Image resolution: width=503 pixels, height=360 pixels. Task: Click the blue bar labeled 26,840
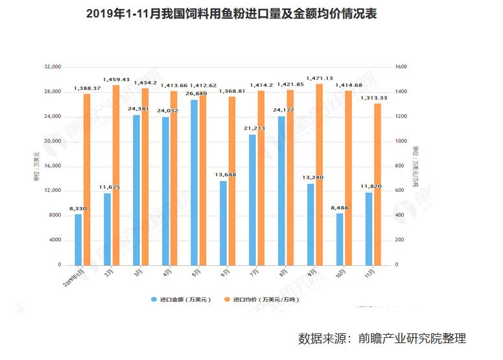[194, 182]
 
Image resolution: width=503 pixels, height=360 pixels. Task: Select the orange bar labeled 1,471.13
[318, 174]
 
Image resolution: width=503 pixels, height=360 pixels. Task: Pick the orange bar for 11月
[377, 184]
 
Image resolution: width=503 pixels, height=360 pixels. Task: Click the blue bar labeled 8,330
[78, 239]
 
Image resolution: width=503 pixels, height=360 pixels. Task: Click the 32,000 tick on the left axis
[52, 67]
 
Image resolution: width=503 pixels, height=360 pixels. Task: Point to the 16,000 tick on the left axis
[52, 166]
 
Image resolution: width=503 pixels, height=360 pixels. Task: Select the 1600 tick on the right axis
[401, 67]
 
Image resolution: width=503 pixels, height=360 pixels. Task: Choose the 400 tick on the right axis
[399, 215]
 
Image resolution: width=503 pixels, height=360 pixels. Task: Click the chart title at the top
[231, 14]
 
